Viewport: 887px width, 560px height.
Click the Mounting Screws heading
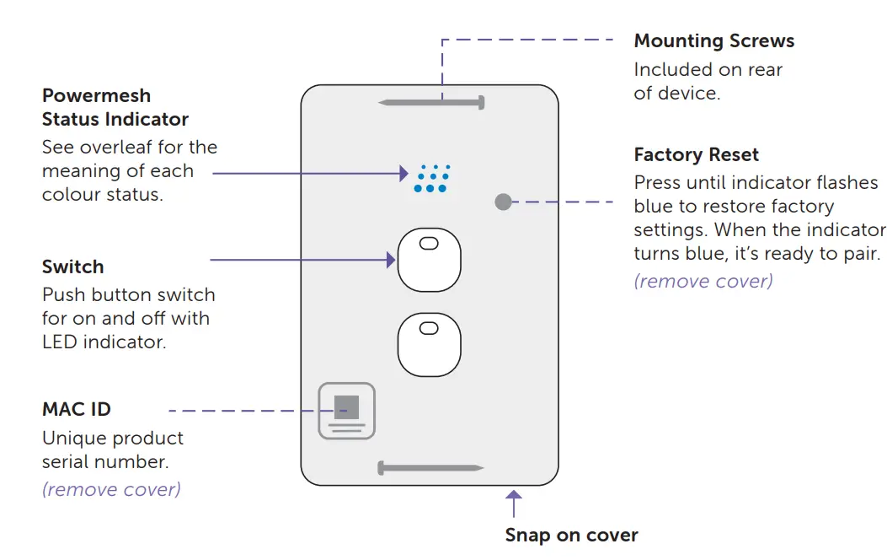point(713,40)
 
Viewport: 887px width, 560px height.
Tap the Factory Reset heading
point(696,154)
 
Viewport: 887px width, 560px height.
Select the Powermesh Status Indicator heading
point(115,107)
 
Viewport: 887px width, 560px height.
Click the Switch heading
point(72,267)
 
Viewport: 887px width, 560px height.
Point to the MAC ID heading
point(76,409)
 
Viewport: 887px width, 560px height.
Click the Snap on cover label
point(571,535)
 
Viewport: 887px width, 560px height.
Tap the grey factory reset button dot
point(503,202)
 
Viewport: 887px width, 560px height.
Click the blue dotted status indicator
point(432,178)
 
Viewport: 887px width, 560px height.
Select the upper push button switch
point(430,259)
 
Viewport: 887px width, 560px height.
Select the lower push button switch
point(430,344)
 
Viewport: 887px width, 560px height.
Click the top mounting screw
point(432,102)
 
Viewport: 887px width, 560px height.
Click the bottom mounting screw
point(430,467)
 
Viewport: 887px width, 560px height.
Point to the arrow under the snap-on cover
point(513,503)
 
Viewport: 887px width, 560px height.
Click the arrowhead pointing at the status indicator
point(403,173)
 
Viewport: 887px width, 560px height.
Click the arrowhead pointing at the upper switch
point(391,260)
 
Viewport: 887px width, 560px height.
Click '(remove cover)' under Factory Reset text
point(703,281)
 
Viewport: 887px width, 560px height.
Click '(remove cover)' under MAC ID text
point(111,488)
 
